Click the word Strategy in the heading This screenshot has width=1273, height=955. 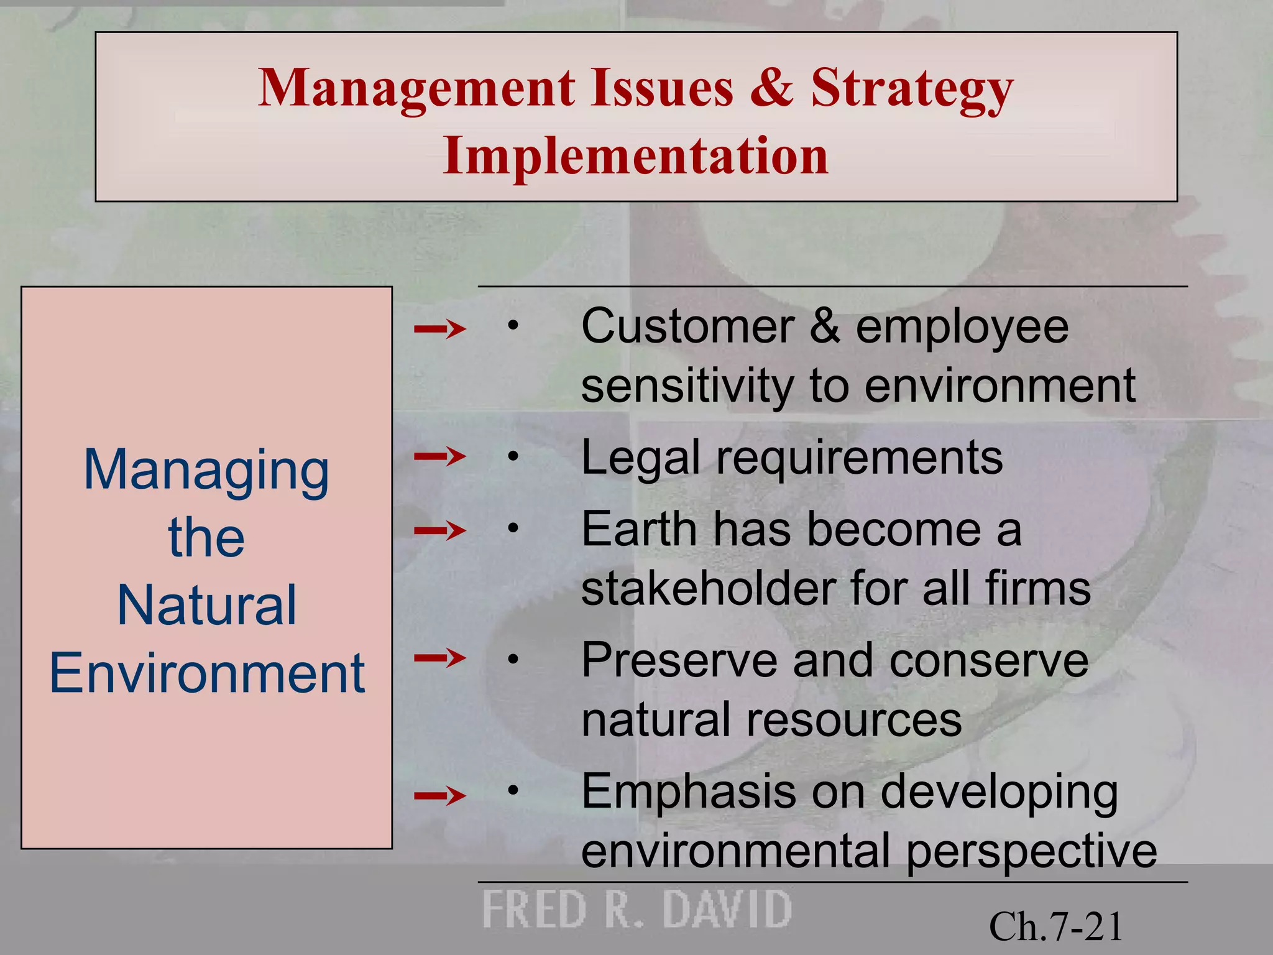coord(912,88)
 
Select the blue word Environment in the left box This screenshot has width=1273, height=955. coord(206,673)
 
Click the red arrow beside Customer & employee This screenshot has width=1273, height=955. coord(439,328)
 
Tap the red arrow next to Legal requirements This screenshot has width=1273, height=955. coord(439,457)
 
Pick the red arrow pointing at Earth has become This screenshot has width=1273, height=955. coord(439,530)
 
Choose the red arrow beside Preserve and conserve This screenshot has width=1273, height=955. coord(439,657)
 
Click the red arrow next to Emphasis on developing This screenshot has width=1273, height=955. coord(439,795)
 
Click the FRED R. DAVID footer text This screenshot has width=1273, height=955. coord(636,910)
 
